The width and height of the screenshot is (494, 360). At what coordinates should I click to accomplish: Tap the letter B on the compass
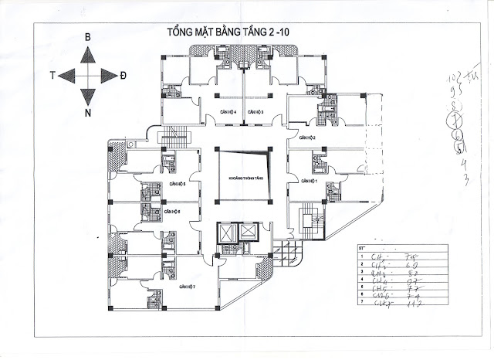pos(88,37)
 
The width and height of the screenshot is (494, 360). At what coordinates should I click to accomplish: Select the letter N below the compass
pos(88,113)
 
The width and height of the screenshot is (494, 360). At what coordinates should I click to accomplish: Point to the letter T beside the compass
pos(52,74)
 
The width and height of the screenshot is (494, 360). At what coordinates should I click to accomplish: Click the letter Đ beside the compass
pos(123,74)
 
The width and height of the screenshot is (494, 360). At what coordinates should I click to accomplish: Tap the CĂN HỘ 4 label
pos(227,113)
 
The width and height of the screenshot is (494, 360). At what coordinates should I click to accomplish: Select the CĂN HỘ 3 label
pos(257,113)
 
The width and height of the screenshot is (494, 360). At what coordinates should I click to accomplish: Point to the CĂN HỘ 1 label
pos(310,181)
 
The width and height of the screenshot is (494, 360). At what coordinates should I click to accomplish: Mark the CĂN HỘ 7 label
pos(185,287)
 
